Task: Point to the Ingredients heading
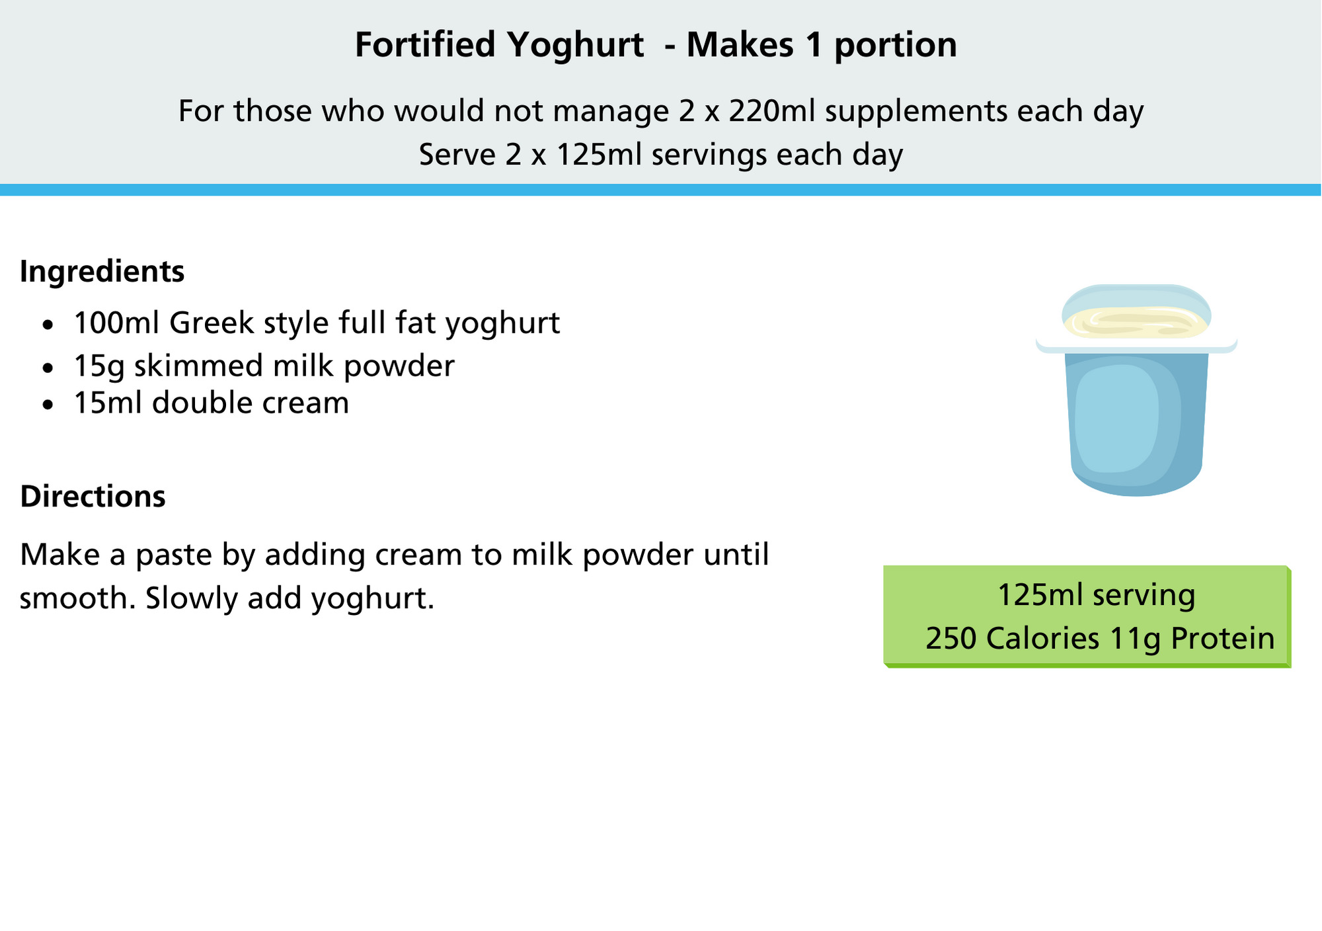[102, 272]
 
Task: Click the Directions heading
[93, 496]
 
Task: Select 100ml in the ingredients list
[117, 323]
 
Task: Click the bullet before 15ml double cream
[47, 405]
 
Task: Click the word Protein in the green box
[1222, 639]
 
